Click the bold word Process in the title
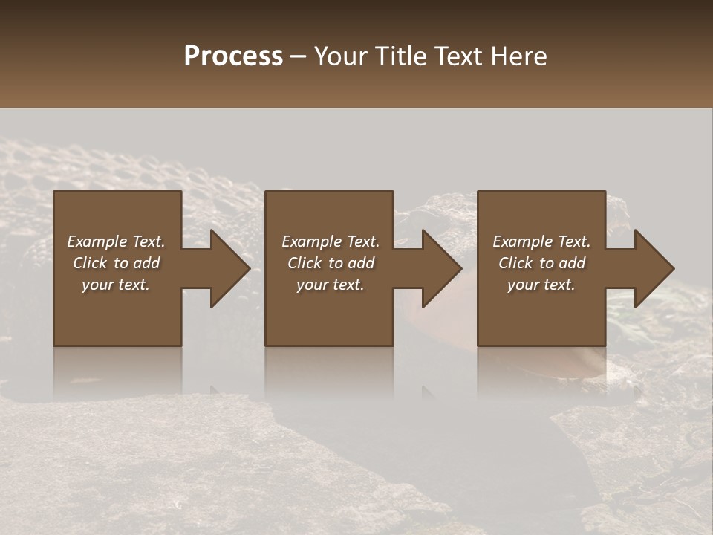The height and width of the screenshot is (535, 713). pyautogui.click(x=233, y=56)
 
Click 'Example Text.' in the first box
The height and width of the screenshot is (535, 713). pyautogui.click(x=116, y=241)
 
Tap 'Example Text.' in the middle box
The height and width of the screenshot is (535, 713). pyautogui.click(x=331, y=241)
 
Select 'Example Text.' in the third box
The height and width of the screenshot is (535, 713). pyautogui.click(x=541, y=241)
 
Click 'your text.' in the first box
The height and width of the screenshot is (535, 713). pyautogui.click(x=116, y=285)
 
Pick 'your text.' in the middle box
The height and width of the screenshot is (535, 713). pyautogui.click(x=331, y=285)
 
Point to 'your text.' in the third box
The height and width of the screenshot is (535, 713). pyautogui.click(x=541, y=285)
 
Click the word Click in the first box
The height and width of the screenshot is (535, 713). pyautogui.click(x=90, y=263)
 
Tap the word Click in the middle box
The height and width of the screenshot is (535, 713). pyautogui.click(x=305, y=263)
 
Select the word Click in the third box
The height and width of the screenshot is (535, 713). pyautogui.click(x=515, y=263)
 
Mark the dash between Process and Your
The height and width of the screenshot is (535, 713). pyautogui.click(x=298, y=57)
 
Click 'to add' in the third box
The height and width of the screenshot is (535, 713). pyautogui.click(x=566, y=263)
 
